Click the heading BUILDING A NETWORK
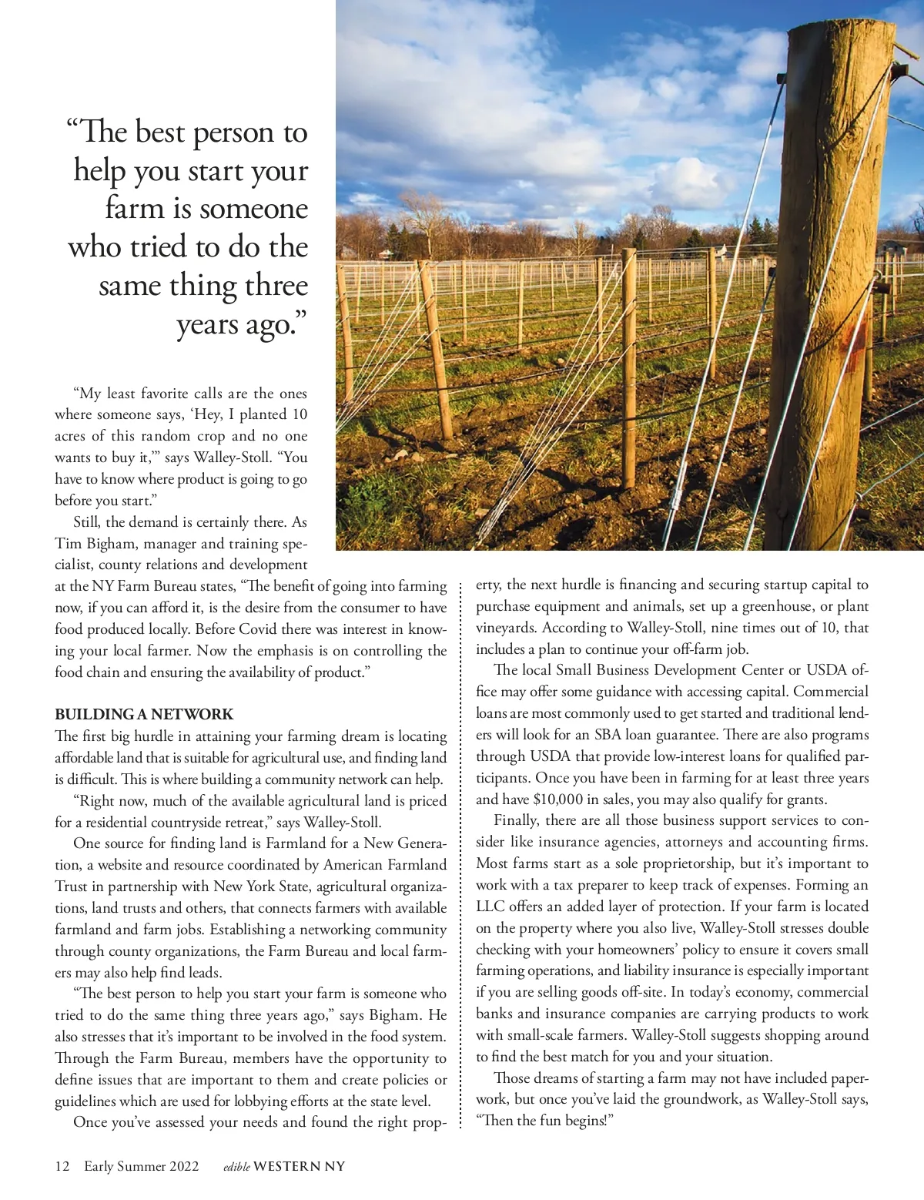coord(144,715)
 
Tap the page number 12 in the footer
coord(62,1166)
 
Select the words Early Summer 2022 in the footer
coord(142,1166)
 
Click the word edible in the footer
coord(236,1167)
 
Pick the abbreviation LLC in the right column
coord(490,907)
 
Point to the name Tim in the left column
coord(68,544)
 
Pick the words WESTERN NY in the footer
coord(300,1166)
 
